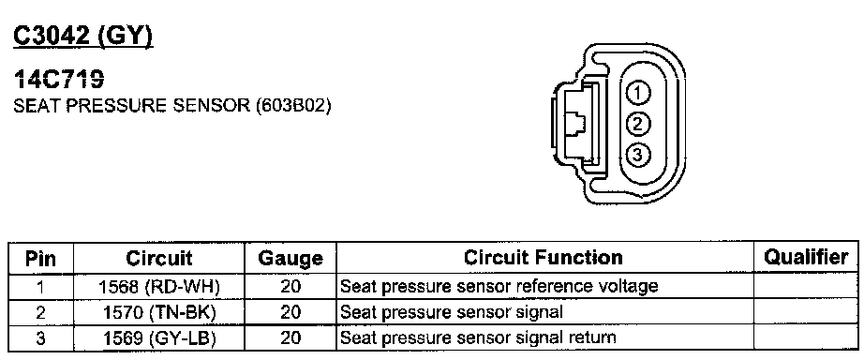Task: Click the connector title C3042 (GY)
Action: coord(82,37)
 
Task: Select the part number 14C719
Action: coord(58,81)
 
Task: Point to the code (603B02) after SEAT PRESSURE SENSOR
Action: coord(293,105)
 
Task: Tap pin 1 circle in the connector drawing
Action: coord(637,93)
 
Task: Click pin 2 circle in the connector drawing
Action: coord(637,124)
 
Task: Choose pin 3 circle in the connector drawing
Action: coord(637,155)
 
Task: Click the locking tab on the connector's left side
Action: coord(574,124)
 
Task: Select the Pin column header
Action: coord(41,258)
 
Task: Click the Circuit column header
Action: coord(158,258)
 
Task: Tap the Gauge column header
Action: coord(290,258)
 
